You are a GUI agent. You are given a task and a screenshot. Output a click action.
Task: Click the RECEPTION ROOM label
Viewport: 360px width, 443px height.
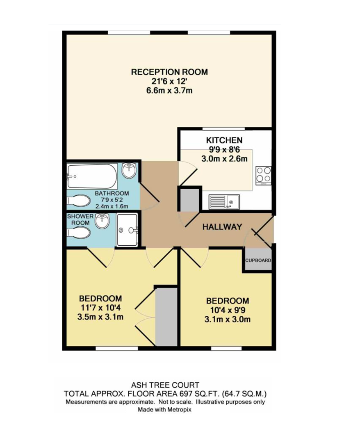[x=169, y=72]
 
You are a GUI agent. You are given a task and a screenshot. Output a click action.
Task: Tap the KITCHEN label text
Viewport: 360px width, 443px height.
[x=224, y=140]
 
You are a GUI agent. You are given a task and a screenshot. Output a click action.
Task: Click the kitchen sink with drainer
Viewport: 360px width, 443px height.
[x=224, y=201]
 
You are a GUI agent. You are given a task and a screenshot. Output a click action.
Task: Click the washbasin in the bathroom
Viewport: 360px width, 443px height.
[x=130, y=170]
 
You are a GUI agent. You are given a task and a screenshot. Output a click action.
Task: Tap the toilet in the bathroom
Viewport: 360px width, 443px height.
[x=79, y=201]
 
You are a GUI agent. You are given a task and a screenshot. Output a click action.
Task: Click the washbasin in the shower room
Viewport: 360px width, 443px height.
[x=103, y=221]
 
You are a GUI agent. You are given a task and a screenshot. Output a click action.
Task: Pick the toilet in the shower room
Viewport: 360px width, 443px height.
[x=79, y=233]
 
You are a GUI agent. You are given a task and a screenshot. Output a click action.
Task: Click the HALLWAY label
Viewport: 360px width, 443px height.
[x=222, y=227]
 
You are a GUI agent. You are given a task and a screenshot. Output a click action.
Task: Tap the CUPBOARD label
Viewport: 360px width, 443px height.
[x=258, y=260]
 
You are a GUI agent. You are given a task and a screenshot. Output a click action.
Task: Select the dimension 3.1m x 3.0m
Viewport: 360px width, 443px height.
[x=227, y=320]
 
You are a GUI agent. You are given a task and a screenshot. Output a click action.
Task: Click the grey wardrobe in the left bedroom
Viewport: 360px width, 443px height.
[x=166, y=317]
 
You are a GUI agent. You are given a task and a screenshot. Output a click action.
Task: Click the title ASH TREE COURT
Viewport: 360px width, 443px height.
[x=165, y=385]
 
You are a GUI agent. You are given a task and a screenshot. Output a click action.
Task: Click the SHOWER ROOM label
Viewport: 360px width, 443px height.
[x=80, y=219]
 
